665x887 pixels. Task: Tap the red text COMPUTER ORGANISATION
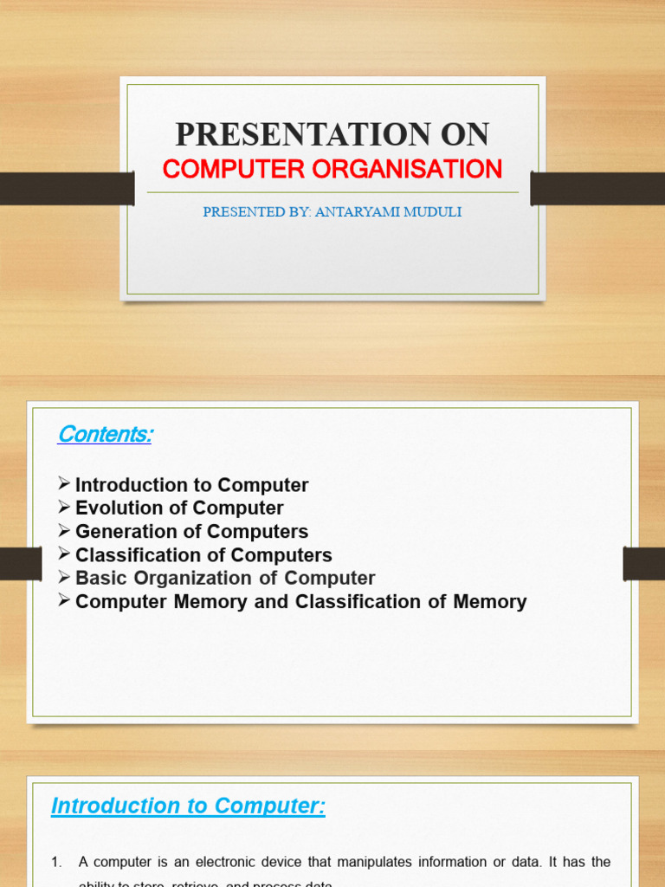click(332, 169)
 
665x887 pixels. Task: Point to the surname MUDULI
click(433, 211)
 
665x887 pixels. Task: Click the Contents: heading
click(105, 434)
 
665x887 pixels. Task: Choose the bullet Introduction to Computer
click(191, 485)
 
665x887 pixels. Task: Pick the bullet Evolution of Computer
click(179, 508)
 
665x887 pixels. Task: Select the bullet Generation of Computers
click(191, 531)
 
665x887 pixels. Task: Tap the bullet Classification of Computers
click(203, 554)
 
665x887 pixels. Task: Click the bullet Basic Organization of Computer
click(225, 578)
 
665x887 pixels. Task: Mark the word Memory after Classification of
click(489, 601)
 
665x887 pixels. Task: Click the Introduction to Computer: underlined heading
click(188, 806)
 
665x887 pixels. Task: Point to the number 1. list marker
click(57, 861)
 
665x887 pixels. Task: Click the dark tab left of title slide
click(67, 188)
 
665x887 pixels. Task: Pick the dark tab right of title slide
click(597, 188)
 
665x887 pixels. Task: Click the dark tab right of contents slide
click(643, 564)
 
